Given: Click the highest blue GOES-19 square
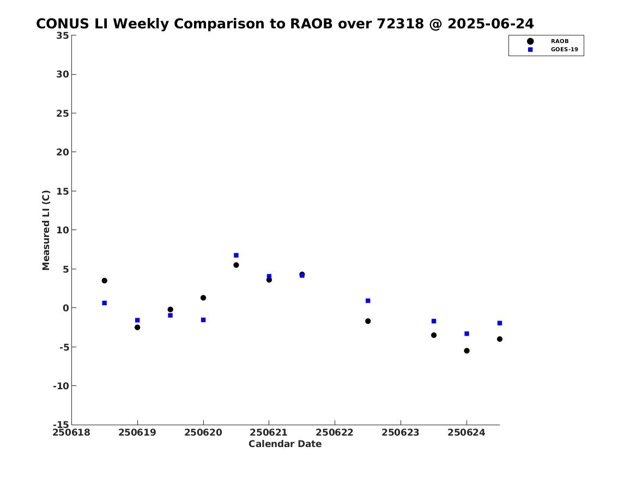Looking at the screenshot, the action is point(236,255).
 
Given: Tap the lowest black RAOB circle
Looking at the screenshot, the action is point(467,351).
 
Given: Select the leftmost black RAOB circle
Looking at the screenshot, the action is point(104,280).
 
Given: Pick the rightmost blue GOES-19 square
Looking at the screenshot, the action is point(499,323).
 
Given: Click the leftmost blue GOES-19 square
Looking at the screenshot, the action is point(104,303).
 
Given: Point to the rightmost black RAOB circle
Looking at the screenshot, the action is point(499,339).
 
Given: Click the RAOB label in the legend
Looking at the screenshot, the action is point(559,41).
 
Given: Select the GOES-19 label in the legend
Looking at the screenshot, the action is point(564,50).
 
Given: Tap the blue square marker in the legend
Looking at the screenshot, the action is point(530,50).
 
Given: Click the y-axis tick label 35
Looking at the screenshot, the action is point(63,35).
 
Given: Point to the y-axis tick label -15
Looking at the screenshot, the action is point(61,424).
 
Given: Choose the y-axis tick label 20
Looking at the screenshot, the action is point(63,152).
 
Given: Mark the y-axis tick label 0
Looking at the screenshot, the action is point(66,308).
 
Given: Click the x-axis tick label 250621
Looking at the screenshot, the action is point(269,432).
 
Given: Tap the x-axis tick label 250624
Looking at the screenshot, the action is point(467,432).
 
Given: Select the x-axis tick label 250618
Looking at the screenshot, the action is point(72,432).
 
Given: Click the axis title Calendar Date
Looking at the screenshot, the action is point(285,444).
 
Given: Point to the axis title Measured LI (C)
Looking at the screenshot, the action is point(46,230).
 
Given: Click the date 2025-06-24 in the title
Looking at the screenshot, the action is point(491,23).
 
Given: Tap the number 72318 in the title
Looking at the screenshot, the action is point(401,23).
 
